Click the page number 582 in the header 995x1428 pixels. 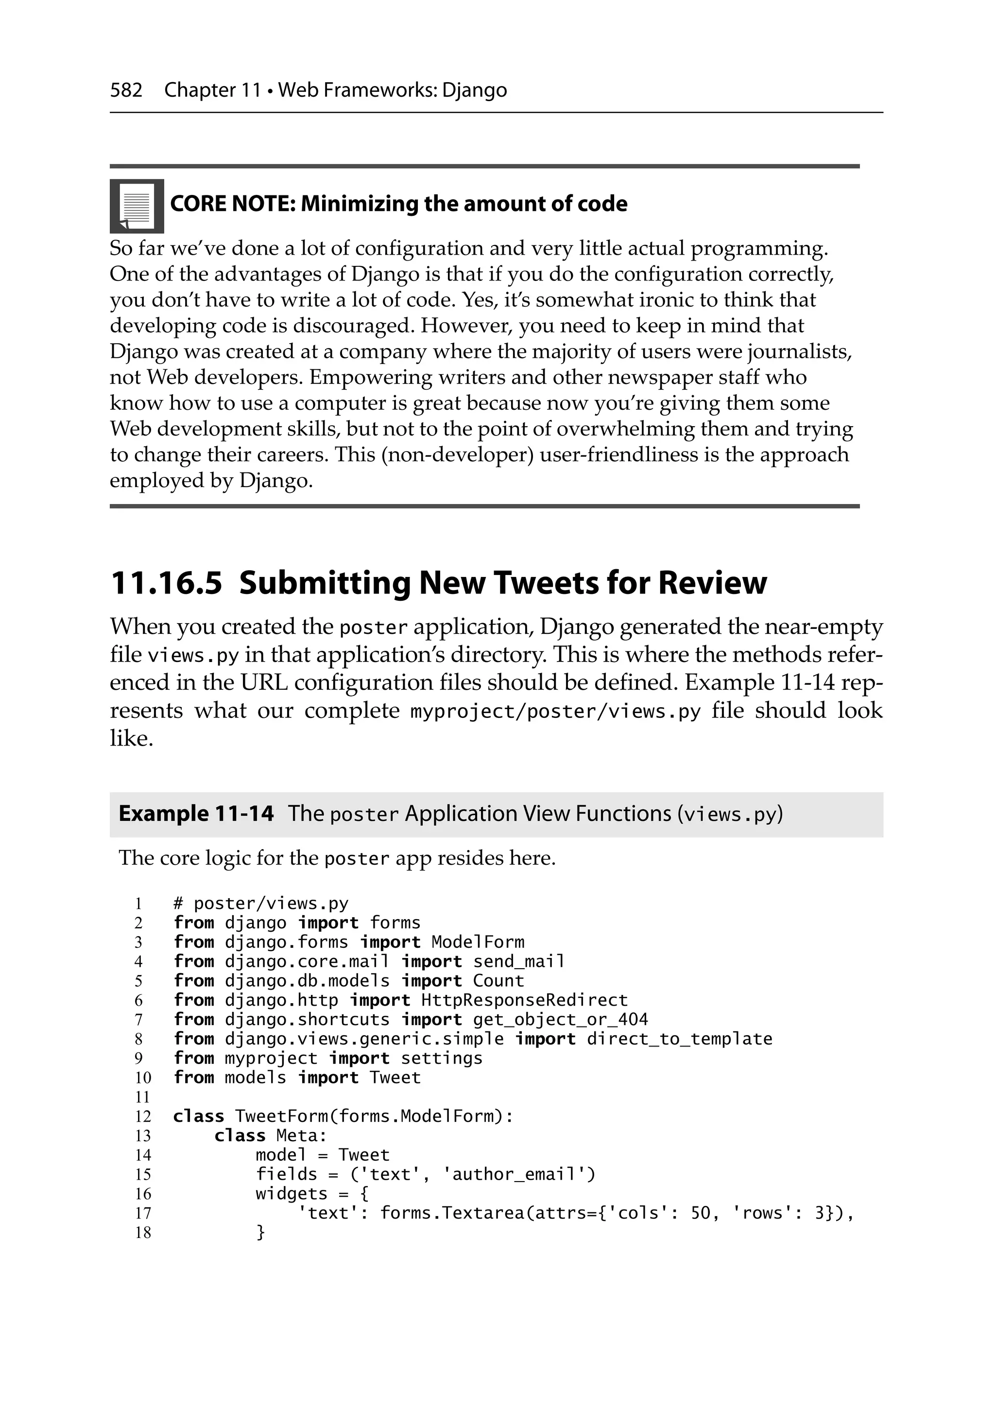(x=126, y=91)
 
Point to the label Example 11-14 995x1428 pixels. (x=196, y=814)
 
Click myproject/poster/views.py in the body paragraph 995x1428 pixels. (x=555, y=711)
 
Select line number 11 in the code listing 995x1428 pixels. (x=143, y=1097)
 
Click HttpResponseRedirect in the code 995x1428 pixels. (x=524, y=1000)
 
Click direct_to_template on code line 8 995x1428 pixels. (x=679, y=1039)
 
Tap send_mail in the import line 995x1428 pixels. (x=519, y=961)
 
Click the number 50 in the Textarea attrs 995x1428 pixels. (x=700, y=1213)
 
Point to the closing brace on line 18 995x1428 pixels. (x=260, y=1232)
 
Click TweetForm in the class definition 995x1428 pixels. (x=282, y=1116)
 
